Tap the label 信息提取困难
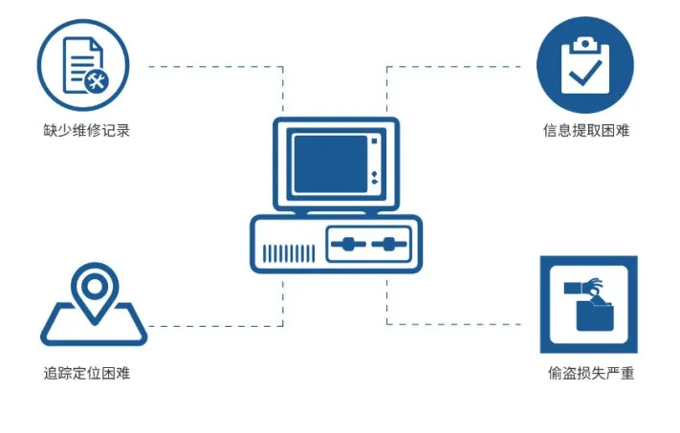[585, 130]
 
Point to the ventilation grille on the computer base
[289, 252]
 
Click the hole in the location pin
[93, 285]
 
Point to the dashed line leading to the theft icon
[459, 324]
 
